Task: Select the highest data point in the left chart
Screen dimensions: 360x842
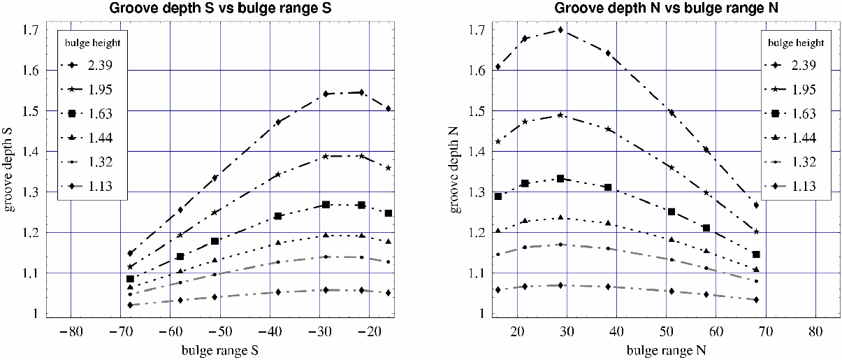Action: pos(361,92)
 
